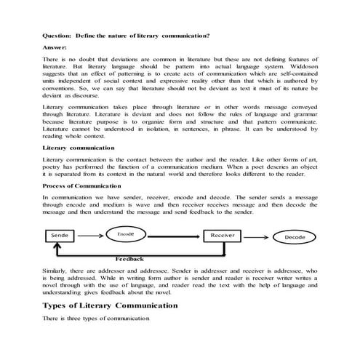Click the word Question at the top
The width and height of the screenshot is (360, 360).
click(57, 34)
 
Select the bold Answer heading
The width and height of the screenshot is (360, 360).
click(56, 46)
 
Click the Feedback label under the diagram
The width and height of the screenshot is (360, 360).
click(130, 260)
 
